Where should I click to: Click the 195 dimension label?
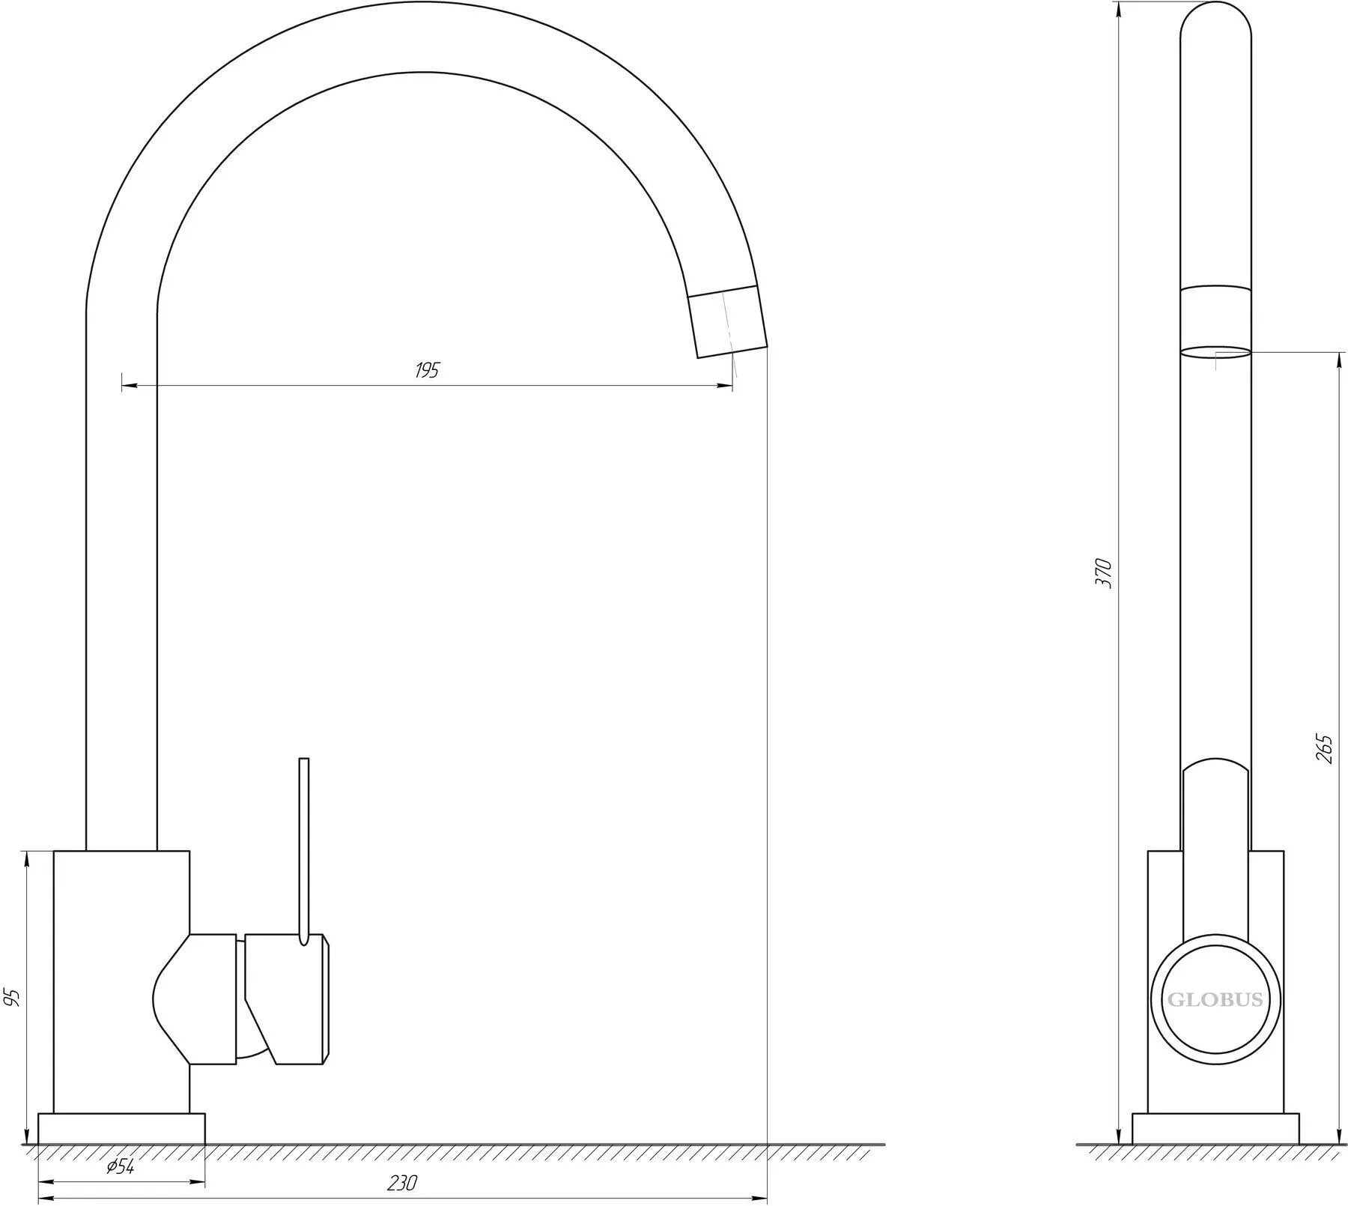click(x=427, y=370)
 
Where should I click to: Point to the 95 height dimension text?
click(x=12, y=997)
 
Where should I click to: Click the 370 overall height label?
click(x=1104, y=573)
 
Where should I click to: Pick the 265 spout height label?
click(x=1324, y=748)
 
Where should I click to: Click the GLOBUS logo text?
click(x=1215, y=1000)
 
